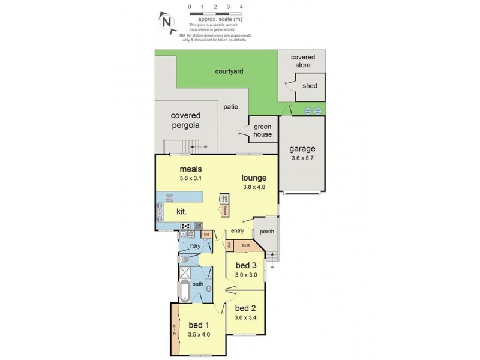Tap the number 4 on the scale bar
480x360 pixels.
[241, 6]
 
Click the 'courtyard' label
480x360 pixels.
[229, 71]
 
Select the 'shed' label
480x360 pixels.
[310, 86]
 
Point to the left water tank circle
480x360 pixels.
[308, 111]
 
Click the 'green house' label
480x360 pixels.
[262, 131]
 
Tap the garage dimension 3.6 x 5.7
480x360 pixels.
[302, 158]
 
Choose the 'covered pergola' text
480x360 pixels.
[185, 120]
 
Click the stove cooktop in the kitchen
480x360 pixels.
[186, 226]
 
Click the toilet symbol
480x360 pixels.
[185, 260]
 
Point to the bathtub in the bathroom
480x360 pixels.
[184, 291]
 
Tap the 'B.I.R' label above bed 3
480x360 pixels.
[245, 245]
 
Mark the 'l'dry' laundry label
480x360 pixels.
[194, 246]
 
